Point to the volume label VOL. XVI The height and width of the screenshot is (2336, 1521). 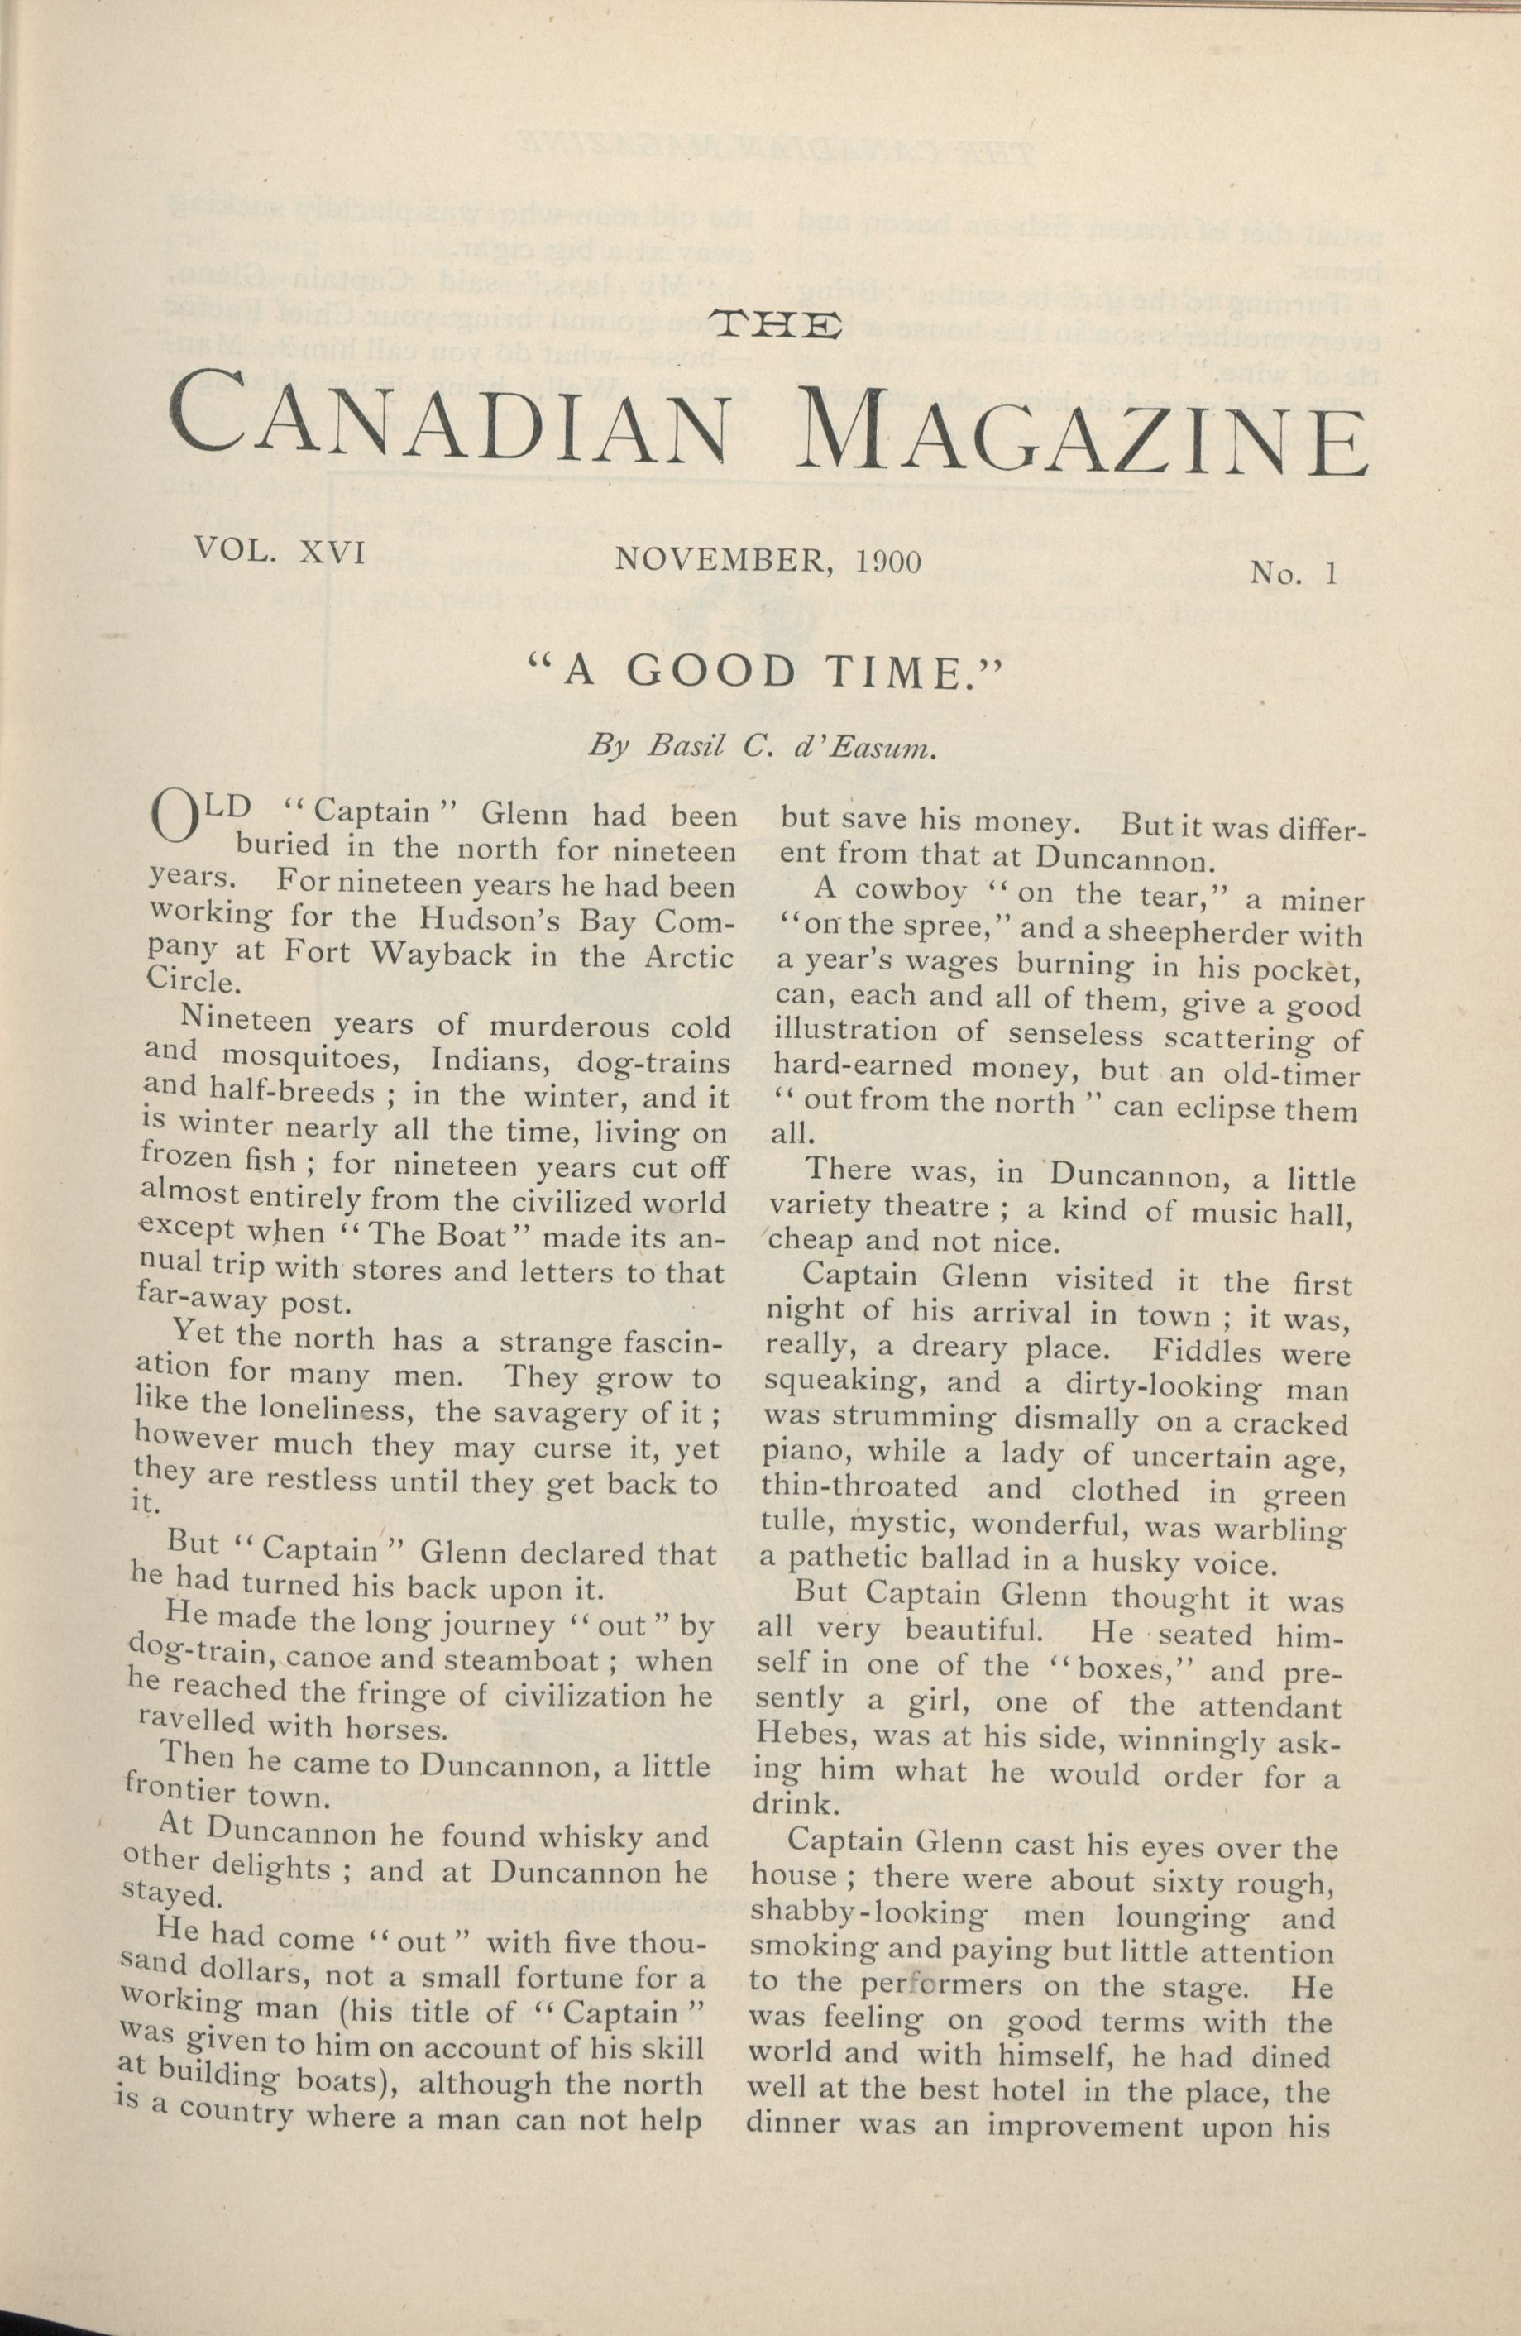coord(280,553)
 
